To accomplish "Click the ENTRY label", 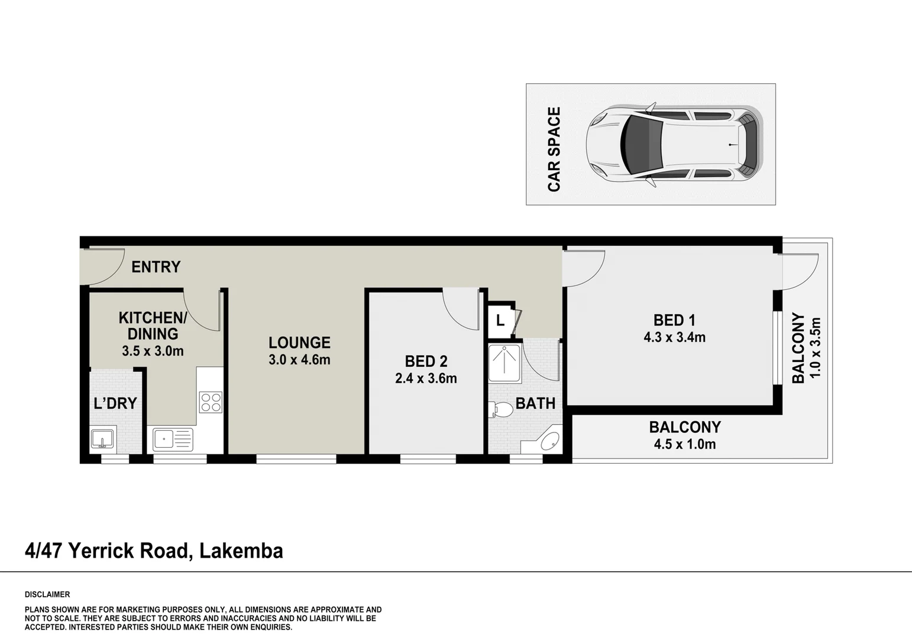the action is (x=156, y=267).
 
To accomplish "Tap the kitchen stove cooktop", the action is (x=211, y=402).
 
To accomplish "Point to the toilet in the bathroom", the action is (x=501, y=409).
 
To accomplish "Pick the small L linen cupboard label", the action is (x=500, y=321).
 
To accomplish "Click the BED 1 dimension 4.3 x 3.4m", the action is (x=674, y=337).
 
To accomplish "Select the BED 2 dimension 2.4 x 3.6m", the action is (x=426, y=379).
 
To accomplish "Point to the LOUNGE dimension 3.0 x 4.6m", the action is (x=299, y=360).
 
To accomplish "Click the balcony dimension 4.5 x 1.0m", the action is (x=685, y=444).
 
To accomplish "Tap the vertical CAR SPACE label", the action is (x=554, y=149).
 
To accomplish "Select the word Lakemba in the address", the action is (x=241, y=551).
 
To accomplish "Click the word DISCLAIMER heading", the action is (x=47, y=594).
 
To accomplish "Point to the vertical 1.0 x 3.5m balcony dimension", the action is (x=816, y=348).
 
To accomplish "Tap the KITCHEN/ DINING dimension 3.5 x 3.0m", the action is (x=153, y=351).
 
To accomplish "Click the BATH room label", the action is (x=535, y=404).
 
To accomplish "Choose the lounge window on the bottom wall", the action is (x=296, y=459).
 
